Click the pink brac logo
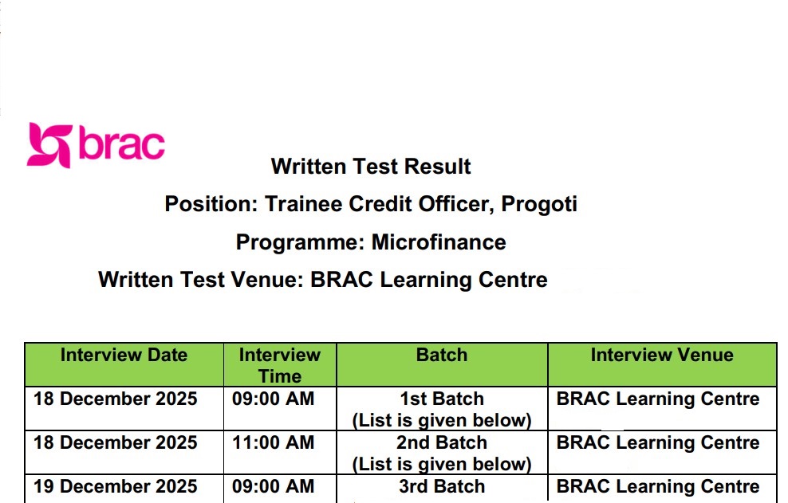pos(96,145)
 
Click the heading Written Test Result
pos(371,167)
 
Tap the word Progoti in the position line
pos(539,205)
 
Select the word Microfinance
pos(439,242)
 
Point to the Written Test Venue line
pos(323,280)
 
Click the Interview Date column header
pos(124,355)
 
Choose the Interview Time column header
pos(279,365)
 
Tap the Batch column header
pos(442,355)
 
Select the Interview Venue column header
pos(662,355)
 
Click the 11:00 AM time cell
pos(273,442)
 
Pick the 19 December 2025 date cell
pos(115,486)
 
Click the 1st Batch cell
pos(442,409)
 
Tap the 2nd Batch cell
pos(442,453)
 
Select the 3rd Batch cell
pos(442,486)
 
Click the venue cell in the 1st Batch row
pos(658,399)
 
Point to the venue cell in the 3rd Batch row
pos(658,486)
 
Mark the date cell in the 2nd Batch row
pos(115,442)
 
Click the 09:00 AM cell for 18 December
pos(273,399)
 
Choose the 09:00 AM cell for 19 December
pos(273,486)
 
